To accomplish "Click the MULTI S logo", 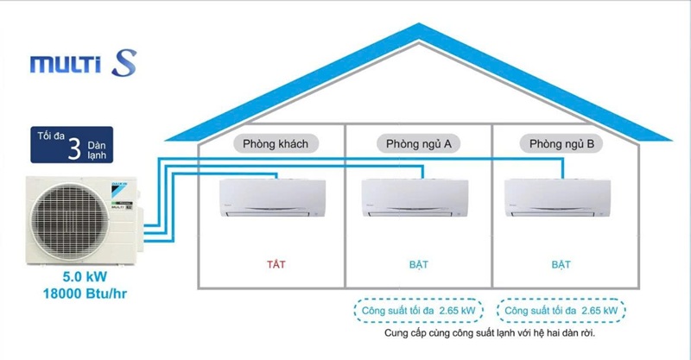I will pos(82,64).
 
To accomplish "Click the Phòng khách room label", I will pos(270,143).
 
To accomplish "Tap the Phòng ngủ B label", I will pos(561,143).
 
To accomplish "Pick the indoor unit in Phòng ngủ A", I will pos(416,196).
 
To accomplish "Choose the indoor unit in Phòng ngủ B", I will pos(560,196).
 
